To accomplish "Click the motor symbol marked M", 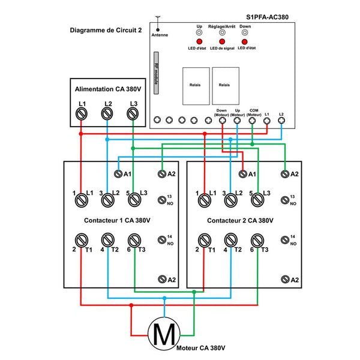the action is [x=164, y=334].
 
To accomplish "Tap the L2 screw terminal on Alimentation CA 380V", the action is [x=107, y=113].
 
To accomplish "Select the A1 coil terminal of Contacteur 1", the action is [x=118, y=174].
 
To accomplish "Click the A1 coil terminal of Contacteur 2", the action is [x=242, y=174].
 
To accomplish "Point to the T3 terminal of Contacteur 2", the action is [x=257, y=241].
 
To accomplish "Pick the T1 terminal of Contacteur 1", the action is [x=82, y=240].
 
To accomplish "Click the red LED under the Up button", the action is [x=199, y=41].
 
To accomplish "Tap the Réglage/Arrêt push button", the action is [x=222, y=32].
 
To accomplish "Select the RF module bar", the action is [x=156, y=73].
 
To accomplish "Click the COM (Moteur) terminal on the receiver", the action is [x=252, y=120].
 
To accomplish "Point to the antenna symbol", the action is [x=158, y=23].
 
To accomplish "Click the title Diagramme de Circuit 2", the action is [x=106, y=31].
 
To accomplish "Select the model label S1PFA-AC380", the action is [x=267, y=17].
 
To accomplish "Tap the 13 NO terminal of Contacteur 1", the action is [x=162, y=200].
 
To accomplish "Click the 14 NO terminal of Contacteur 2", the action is [x=285, y=240].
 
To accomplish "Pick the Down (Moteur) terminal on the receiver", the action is [x=222, y=120].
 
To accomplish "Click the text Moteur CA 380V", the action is [x=200, y=348].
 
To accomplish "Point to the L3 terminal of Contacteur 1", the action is [x=134, y=200].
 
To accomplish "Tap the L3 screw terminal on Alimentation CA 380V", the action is [x=133, y=113].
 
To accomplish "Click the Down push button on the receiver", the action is [x=245, y=32].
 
